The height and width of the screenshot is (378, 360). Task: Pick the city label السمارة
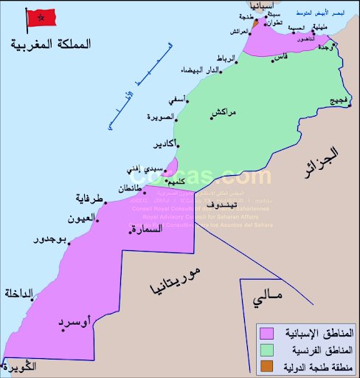(x=145, y=230)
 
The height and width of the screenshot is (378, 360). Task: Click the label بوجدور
(x=52, y=239)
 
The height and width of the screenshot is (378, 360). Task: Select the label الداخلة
(x=19, y=293)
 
